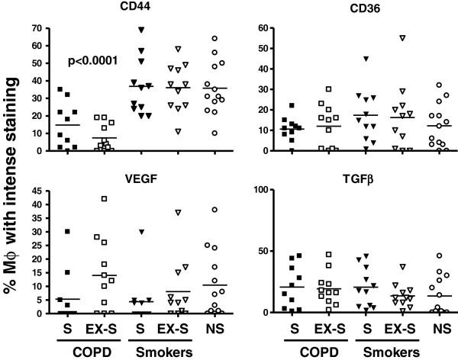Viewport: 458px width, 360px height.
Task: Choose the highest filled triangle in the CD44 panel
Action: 140,30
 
